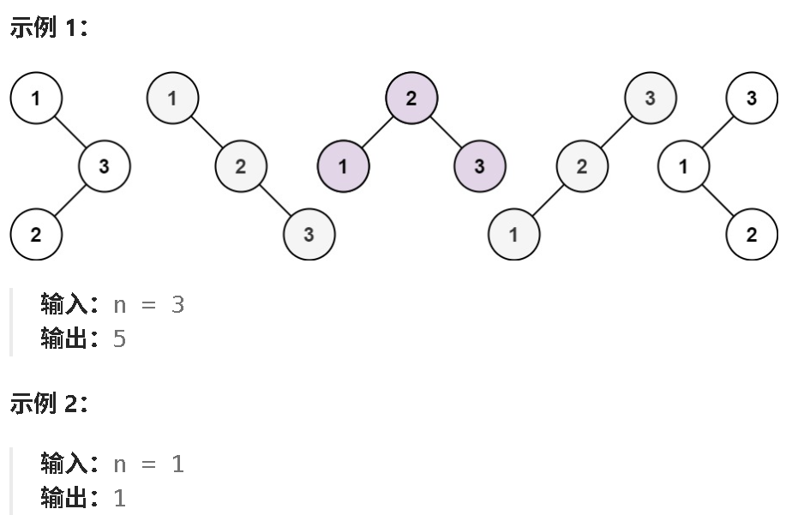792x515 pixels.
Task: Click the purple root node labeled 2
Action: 411,98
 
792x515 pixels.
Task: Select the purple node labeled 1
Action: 343,166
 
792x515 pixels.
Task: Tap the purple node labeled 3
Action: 479,166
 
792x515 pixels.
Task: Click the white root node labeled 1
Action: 36,98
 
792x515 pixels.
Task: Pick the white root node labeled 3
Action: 752,98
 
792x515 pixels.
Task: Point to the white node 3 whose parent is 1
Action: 104,166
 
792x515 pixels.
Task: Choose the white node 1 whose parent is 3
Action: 683,166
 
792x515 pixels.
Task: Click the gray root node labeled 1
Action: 172,98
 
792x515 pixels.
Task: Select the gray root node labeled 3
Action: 650,98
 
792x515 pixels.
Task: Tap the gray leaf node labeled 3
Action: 309,234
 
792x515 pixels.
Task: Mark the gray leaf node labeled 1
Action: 513,234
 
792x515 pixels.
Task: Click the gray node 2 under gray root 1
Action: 240,166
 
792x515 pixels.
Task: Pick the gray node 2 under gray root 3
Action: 581,166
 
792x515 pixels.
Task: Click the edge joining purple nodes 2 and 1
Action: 377,132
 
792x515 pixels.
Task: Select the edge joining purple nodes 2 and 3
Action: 446,132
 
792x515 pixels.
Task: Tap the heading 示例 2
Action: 50,404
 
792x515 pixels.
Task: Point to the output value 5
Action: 119,339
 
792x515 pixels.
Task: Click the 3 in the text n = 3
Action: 177,305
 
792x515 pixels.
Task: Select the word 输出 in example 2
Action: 64,499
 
